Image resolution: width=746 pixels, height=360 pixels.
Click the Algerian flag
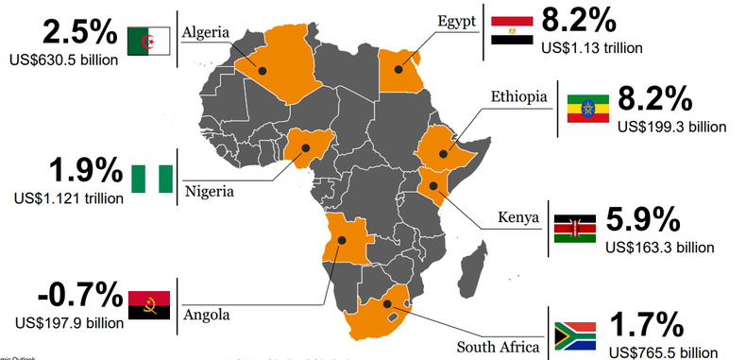click(148, 39)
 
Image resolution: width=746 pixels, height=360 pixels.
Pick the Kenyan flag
click(574, 228)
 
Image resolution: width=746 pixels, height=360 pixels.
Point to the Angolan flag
click(148, 305)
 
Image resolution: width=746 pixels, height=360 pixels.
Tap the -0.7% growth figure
click(65, 295)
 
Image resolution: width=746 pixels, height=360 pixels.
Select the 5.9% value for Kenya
click(642, 220)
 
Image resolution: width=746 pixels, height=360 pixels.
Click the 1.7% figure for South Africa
click(647, 325)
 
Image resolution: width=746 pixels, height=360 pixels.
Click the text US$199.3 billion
click(671, 125)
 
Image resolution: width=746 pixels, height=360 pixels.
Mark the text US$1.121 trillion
click(68, 198)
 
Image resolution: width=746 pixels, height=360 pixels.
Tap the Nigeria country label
click(210, 189)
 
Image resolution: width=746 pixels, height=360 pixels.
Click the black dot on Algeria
click(263, 70)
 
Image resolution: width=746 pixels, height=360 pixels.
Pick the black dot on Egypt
click(398, 67)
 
